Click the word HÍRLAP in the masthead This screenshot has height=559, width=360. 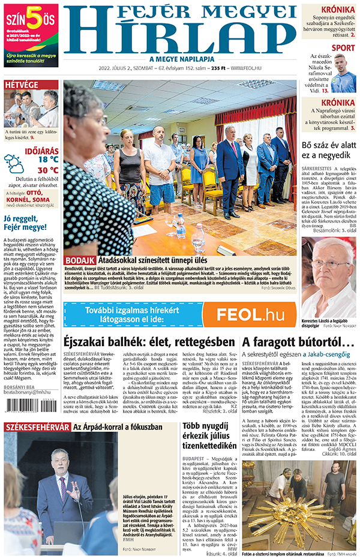point(180,37)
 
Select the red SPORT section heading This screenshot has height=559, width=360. point(343,48)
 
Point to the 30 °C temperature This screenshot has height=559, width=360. point(48,170)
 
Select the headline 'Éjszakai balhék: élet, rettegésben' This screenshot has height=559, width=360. point(149,342)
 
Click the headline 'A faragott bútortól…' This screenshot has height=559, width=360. point(290,342)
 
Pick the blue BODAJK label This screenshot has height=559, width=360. point(79,260)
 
